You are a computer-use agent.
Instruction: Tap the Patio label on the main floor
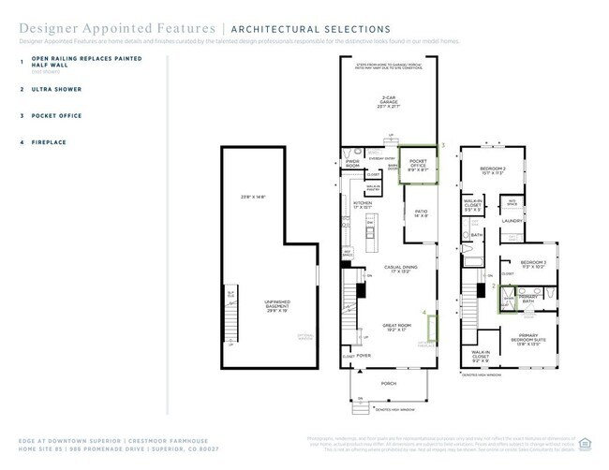pos(421,214)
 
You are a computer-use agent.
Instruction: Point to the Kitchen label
pos(363,204)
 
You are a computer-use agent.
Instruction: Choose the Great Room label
pos(397,328)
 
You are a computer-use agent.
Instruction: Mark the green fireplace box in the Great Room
pos(433,330)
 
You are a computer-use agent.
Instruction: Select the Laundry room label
pos(512,221)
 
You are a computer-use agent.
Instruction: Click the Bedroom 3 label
pos(533,264)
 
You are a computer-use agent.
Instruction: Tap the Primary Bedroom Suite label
pos(531,344)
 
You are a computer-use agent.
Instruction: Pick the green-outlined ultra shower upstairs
pos(506,299)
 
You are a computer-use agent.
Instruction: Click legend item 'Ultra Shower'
pos(57,89)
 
